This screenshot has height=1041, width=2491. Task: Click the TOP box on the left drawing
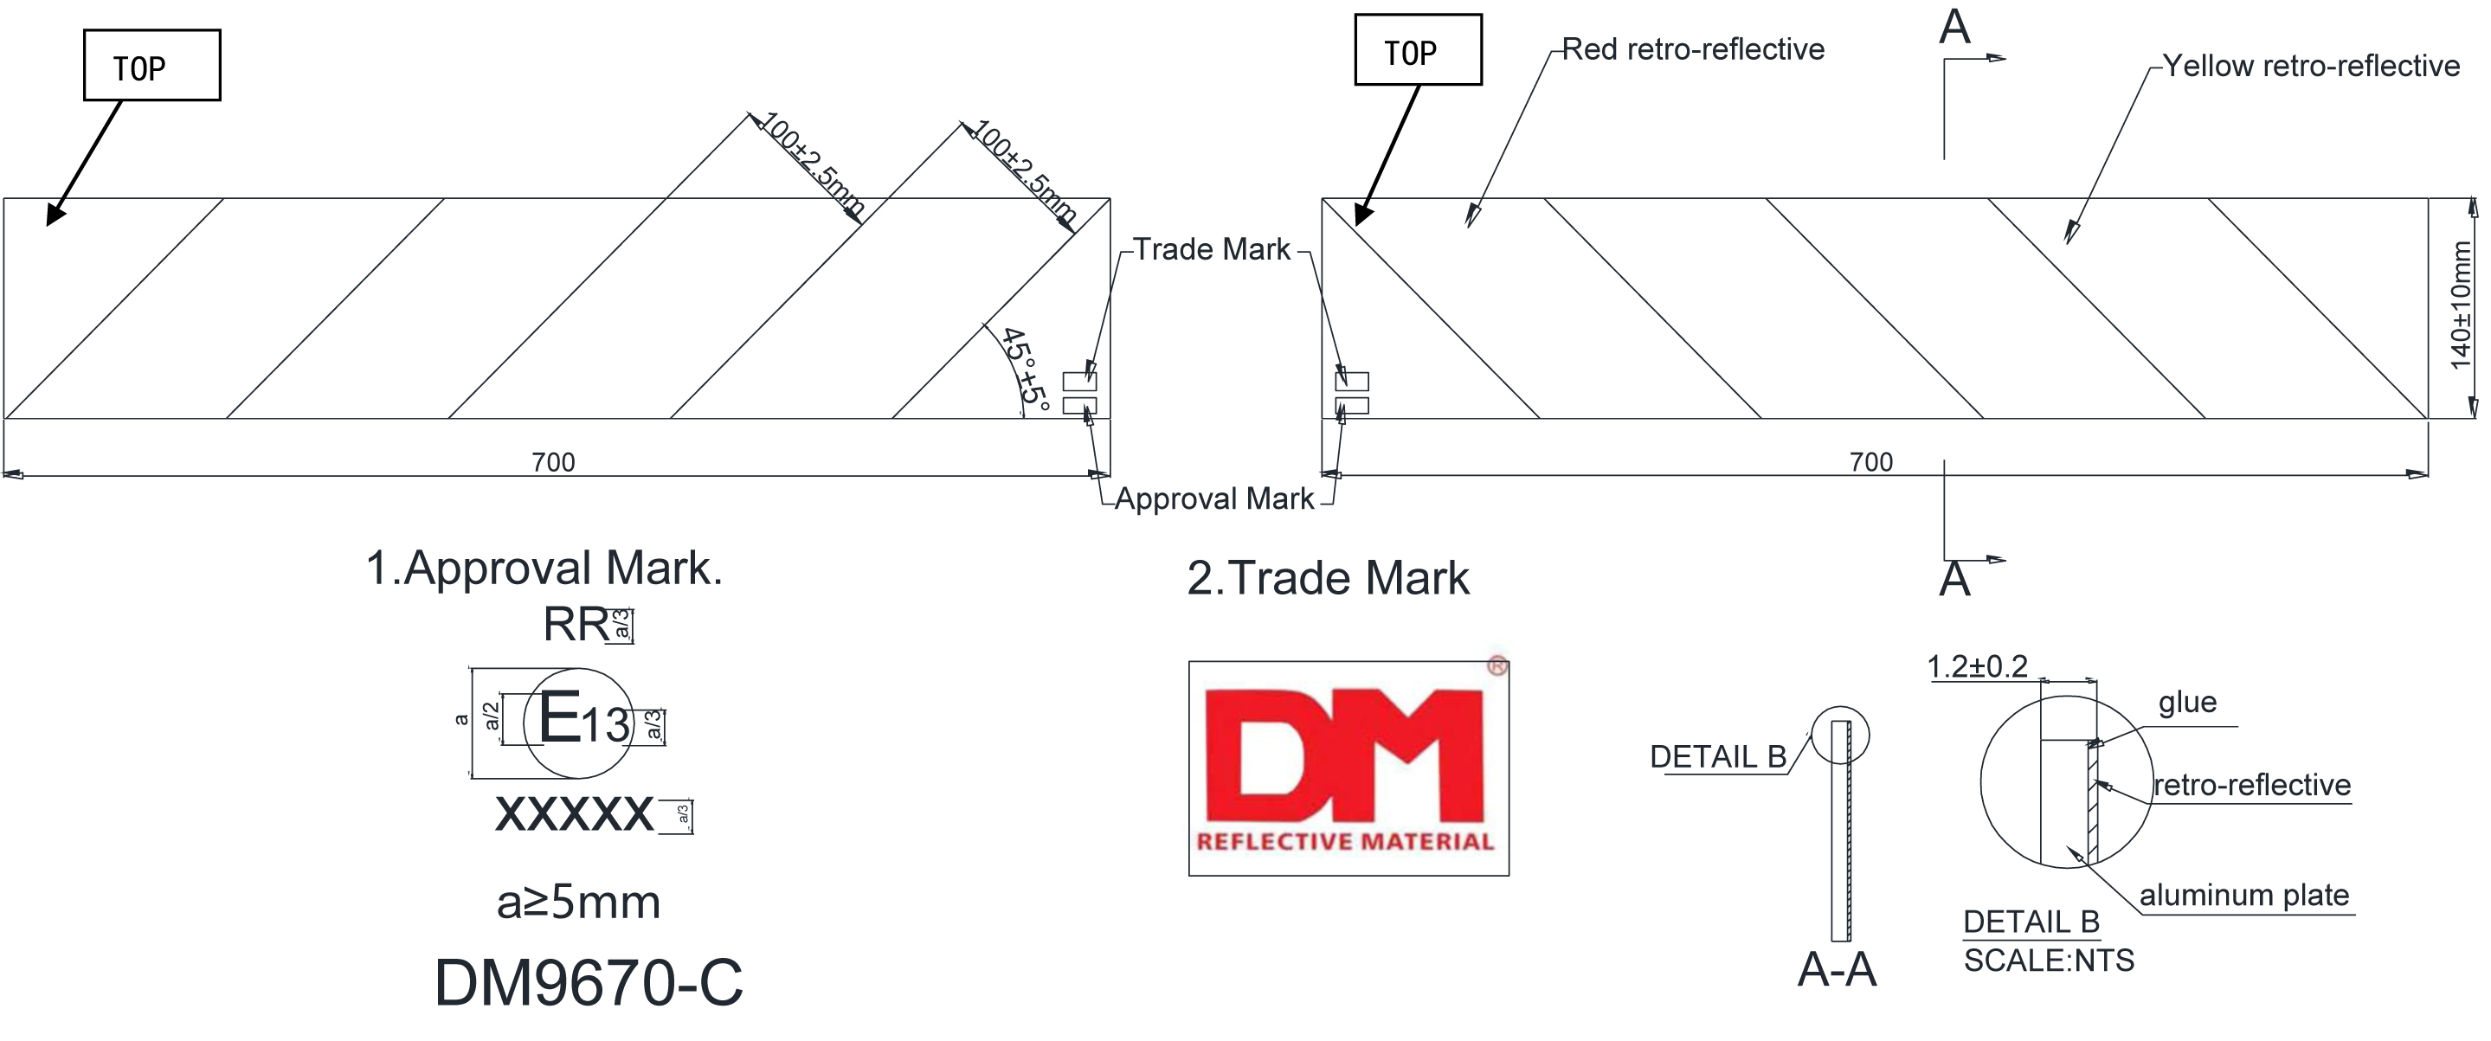point(151,66)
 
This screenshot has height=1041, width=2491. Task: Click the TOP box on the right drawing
point(1417,50)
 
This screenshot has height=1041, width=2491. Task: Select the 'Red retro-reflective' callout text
point(1692,49)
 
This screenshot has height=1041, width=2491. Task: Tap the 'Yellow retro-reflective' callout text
point(2310,66)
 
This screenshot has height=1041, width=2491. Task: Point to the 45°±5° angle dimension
point(1025,369)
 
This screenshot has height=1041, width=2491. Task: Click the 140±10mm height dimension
point(2462,305)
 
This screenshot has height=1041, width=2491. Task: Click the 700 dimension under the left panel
point(553,462)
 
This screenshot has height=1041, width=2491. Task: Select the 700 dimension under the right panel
point(1870,462)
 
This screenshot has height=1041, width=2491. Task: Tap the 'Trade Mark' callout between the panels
point(1211,249)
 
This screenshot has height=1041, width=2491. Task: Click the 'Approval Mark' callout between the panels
point(1213,498)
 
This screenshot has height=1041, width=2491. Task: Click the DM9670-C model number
point(588,983)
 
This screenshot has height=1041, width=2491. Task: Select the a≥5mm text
point(578,903)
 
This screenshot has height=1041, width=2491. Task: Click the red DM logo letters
point(1344,754)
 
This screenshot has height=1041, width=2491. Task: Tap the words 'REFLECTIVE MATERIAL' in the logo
point(1345,841)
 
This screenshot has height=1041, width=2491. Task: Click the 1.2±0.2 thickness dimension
point(1977,667)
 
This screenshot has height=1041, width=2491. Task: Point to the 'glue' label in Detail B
point(2186,702)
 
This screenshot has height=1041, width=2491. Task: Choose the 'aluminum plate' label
point(2243,895)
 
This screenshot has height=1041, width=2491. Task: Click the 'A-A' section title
point(1837,969)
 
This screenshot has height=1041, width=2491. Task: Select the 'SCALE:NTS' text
point(2048,961)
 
